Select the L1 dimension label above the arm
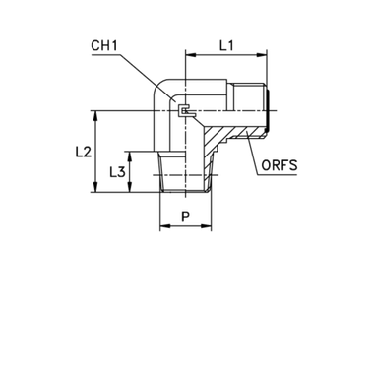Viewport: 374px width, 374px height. point(224,45)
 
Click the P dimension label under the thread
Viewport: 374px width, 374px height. point(185,214)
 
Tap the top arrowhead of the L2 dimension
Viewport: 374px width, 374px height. point(94,115)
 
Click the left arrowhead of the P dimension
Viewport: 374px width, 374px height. point(162,225)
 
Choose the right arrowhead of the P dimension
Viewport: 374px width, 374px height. point(211,225)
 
